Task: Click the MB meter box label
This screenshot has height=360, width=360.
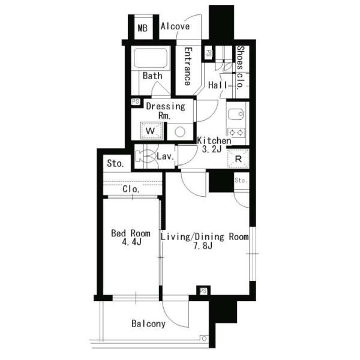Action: click(x=142, y=28)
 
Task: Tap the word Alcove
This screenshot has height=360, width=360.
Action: click(x=175, y=26)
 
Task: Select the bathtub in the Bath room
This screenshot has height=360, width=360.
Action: click(x=151, y=58)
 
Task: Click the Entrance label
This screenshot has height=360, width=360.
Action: click(x=188, y=67)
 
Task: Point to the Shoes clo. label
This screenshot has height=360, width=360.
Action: click(x=240, y=67)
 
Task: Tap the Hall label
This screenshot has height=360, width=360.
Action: click(x=217, y=85)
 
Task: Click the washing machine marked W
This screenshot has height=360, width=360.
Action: click(x=151, y=131)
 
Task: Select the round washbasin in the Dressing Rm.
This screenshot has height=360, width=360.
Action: click(x=180, y=132)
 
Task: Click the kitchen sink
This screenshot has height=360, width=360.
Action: click(x=236, y=114)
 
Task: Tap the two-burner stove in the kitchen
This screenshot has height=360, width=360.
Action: click(x=236, y=133)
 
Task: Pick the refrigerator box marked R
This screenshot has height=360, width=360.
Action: click(x=238, y=158)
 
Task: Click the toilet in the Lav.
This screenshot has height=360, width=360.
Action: click(x=145, y=156)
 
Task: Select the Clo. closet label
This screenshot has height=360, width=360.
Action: click(x=131, y=189)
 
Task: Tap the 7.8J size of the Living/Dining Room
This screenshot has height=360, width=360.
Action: click(x=203, y=246)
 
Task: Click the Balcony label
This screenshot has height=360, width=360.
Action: click(x=148, y=324)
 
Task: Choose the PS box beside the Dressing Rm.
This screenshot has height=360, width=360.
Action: click(x=136, y=101)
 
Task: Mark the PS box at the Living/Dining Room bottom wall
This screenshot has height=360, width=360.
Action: click(x=203, y=291)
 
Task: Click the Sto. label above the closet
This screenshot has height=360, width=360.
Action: click(x=115, y=163)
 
